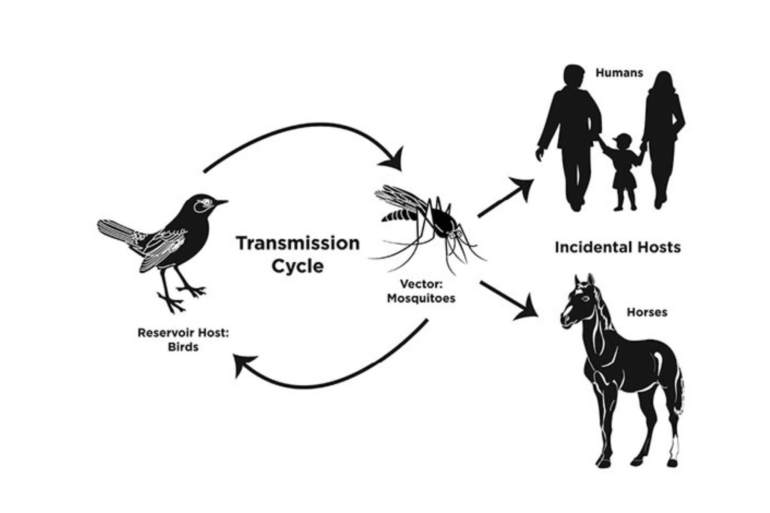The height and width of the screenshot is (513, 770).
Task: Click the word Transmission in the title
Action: tap(298, 243)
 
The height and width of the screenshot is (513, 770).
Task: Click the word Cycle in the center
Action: tap(297, 266)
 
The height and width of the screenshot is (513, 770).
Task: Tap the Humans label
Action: tap(619, 73)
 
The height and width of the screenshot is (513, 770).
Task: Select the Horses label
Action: tap(647, 312)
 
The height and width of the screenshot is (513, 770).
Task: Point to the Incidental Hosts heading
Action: tap(618, 247)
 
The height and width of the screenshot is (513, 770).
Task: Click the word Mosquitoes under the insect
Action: tap(421, 298)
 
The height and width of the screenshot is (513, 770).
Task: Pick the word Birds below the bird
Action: tap(183, 347)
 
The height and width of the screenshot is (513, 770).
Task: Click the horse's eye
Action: tap(585, 299)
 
